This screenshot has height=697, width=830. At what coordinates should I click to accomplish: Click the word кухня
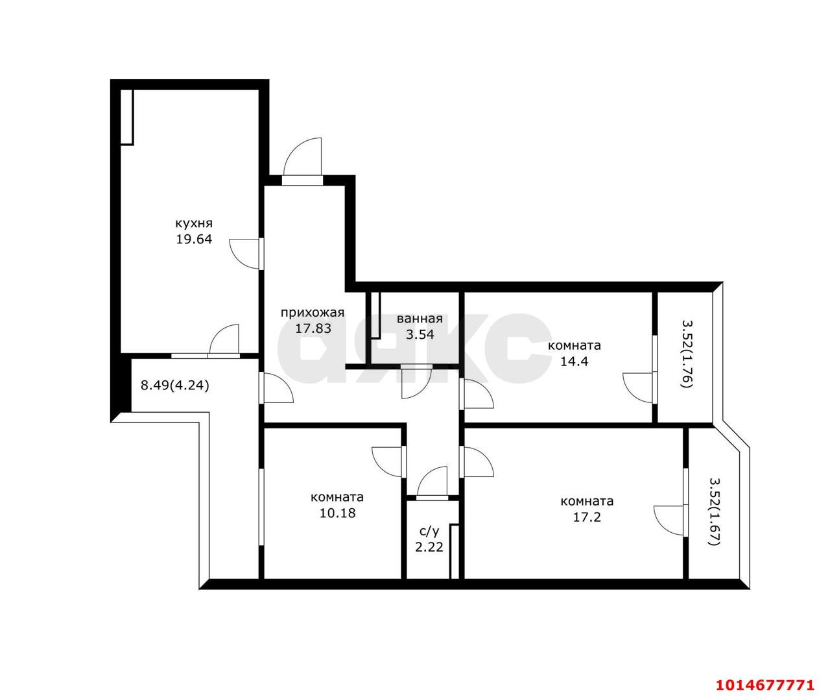click(194, 223)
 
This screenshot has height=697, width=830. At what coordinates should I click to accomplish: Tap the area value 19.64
click(194, 239)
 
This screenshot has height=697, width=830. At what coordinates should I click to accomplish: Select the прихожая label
click(313, 313)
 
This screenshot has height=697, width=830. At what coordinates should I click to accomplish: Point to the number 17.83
click(313, 328)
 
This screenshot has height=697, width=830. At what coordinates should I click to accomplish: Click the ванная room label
click(420, 319)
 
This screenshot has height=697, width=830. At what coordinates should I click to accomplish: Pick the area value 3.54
click(420, 335)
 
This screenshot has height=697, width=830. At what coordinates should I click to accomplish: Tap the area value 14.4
click(574, 361)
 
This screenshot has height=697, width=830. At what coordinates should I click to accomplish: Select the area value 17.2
click(587, 517)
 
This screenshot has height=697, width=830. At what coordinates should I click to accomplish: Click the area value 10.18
click(337, 513)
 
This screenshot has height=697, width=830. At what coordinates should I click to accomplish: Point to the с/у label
click(429, 532)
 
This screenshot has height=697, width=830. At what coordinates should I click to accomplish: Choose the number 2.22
click(429, 547)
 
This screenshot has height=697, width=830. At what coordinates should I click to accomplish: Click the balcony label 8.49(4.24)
click(175, 385)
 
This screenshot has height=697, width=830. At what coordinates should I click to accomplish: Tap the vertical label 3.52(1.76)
click(687, 354)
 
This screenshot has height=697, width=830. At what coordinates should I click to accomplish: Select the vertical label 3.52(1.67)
click(715, 512)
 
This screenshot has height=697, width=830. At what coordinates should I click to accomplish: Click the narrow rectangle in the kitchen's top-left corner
click(127, 117)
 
